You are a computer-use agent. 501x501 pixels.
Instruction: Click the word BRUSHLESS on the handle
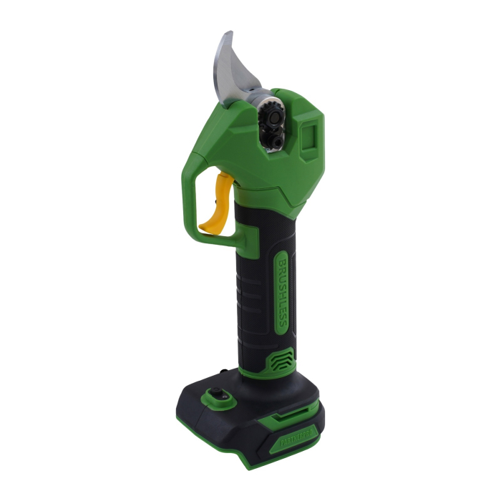click(x=281, y=293)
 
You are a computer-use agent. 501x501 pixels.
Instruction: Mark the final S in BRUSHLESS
click(x=281, y=324)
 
